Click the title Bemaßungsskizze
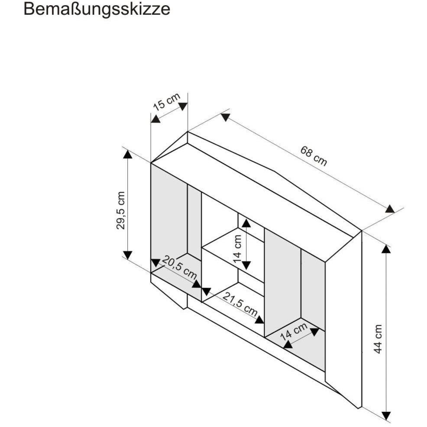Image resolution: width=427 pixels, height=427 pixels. click(x=97, y=9)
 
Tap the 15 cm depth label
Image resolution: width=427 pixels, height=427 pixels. click(x=167, y=102)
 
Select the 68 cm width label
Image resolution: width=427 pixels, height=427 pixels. click(x=314, y=156)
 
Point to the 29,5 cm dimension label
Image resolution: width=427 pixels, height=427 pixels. click(x=121, y=210)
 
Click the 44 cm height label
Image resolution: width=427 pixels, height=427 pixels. click(x=378, y=339)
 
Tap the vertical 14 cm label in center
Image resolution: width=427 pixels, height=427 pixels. click(x=237, y=248)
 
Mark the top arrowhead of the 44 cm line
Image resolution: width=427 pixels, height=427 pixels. click(x=386, y=249)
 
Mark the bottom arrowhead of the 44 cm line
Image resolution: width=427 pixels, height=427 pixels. click(x=386, y=415)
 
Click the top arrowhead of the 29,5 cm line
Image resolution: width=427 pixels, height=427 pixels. click(x=127, y=154)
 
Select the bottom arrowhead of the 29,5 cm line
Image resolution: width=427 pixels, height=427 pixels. click(x=127, y=255)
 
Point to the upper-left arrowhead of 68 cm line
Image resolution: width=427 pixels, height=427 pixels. click(x=226, y=117)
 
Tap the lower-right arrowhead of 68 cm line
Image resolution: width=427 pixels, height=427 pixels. click(x=390, y=209)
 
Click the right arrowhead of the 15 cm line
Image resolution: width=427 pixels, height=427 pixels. click(x=183, y=107)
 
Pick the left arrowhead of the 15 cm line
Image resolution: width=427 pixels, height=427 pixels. click(x=155, y=119)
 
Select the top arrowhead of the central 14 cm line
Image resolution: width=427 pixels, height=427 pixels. click(x=246, y=223)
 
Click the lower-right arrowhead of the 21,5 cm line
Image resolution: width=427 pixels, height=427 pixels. click(x=259, y=320)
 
